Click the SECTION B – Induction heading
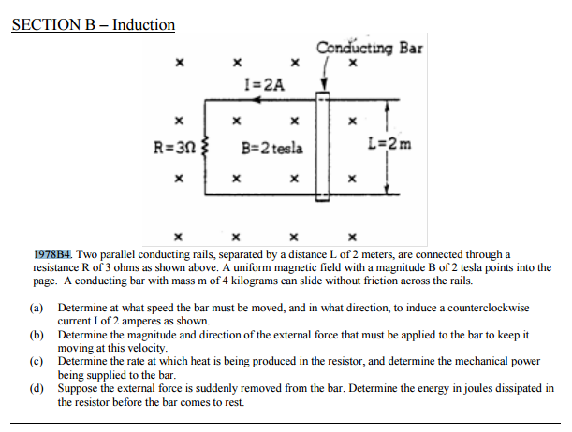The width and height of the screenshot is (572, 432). (x=93, y=24)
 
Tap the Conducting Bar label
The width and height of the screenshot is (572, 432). (x=369, y=48)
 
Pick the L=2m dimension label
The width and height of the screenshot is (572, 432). (x=389, y=145)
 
